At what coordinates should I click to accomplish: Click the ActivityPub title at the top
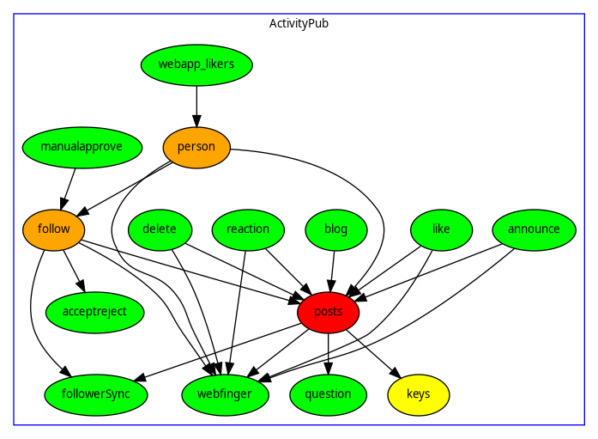(299, 23)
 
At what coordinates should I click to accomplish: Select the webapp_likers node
(196, 64)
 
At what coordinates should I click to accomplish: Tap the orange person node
(196, 147)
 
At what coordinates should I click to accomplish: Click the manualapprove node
(82, 147)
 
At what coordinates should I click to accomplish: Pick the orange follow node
(53, 229)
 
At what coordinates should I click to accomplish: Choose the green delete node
(160, 229)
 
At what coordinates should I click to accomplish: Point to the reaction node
(248, 229)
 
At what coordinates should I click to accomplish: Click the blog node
(336, 229)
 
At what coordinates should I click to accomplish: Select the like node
(441, 229)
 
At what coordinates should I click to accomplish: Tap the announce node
(534, 229)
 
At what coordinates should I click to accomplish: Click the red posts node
(329, 312)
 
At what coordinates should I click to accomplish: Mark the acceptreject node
(94, 312)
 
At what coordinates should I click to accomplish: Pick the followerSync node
(96, 394)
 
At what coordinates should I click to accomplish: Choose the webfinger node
(226, 394)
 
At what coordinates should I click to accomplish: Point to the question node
(329, 394)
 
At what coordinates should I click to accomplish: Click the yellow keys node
(419, 394)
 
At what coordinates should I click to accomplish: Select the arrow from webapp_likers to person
(196, 105)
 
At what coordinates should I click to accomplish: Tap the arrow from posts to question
(329, 353)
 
